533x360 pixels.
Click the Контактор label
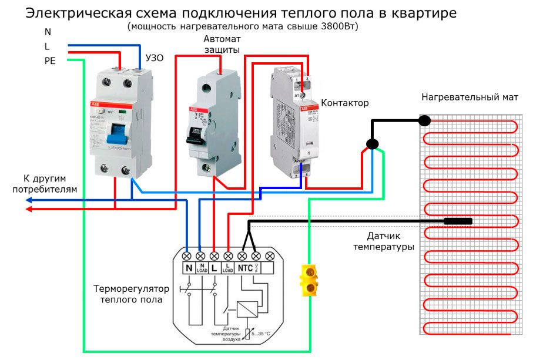click(x=346, y=103)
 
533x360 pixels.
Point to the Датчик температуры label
click(x=384, y=241)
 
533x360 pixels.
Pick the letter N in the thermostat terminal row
click(x=189, y=268)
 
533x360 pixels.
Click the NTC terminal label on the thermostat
click(x=244, y=268)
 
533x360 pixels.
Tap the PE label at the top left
click(x=50, y=60)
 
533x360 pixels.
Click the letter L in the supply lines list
click(x=47, y=46)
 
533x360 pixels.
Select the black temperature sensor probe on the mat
click(x=458, y=221)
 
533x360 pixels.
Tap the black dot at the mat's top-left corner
click(x=424, y=121)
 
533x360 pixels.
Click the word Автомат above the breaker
click(x=222, y=39)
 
